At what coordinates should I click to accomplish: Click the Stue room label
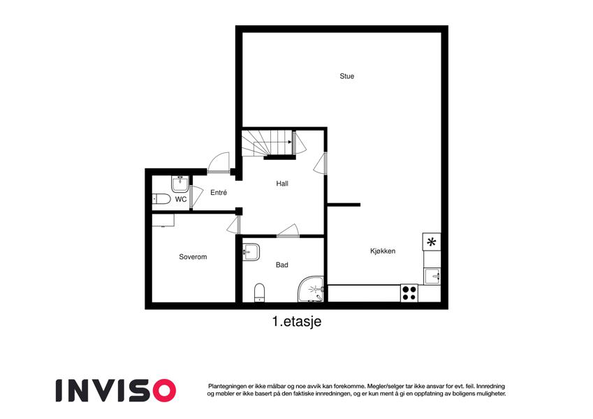tap(347, 76)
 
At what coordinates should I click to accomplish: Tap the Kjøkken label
tap(383, 251)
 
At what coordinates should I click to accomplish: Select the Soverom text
tap(193, 257)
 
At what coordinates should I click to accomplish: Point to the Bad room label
tap(281, 265)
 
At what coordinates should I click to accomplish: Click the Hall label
tap(282, 184)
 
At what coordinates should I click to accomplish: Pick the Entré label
tap(219, 193)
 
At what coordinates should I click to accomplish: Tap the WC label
tap(181, 199)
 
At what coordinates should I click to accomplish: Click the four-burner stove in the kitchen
tap(409, 293)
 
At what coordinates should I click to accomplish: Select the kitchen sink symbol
tap(432, 276)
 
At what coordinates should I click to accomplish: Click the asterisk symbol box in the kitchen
tap(432, 242)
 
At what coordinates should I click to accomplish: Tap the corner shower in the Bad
tap(311, 289)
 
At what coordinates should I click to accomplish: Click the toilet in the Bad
tap(259, 293)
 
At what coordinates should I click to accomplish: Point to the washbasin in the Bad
tap(251, 251)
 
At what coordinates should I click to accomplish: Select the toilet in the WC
tap(161, 198)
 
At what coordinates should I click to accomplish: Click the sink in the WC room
tap(180, 184)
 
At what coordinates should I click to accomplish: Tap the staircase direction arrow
tap(273, 142)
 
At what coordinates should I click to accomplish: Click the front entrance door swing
tap(219, 163)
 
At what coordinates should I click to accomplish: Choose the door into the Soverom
tap(234, 226)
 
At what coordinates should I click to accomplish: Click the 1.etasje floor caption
tap(296, 322)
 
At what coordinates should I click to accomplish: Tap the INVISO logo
tap(116, 390)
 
